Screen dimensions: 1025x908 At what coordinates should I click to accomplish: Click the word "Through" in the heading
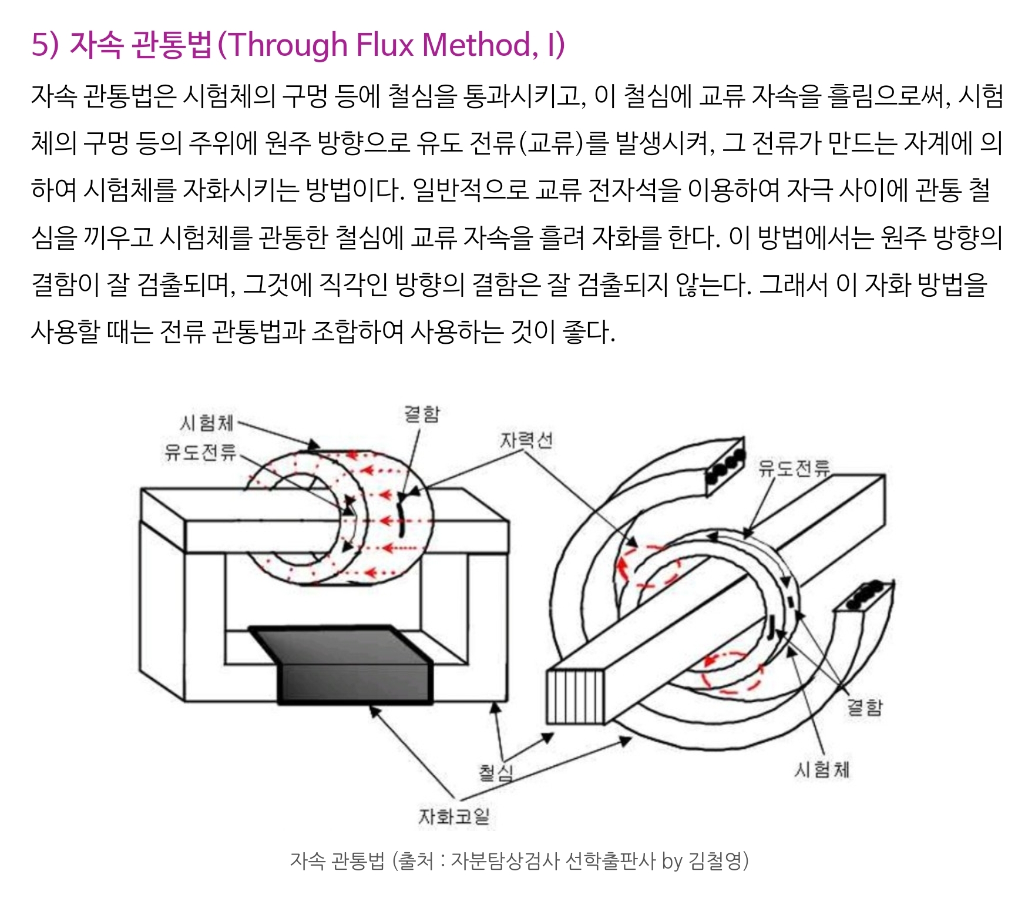pos(287,45)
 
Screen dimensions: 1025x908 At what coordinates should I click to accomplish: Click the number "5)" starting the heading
pos(45,45)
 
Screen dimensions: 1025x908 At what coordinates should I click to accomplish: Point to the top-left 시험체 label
pos(207,423)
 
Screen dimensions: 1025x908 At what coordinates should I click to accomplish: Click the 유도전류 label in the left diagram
pos(200,452)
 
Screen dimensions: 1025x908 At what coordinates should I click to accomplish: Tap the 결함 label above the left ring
pos(422,414)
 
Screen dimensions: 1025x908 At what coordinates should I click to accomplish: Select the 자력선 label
pos(526,440)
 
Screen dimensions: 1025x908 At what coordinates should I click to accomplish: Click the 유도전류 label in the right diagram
pos(794,468)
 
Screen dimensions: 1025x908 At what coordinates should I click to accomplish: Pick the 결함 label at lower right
pos(864,707)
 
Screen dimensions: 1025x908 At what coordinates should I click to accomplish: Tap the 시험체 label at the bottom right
pos(822,769)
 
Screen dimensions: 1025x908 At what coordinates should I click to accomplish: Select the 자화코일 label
pos(453,816)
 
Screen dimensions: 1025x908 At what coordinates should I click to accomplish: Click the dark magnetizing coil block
pos(352,667)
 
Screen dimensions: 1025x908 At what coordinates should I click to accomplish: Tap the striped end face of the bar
pos(575,697)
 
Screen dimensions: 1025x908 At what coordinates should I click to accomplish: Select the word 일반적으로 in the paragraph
pos(471,190)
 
